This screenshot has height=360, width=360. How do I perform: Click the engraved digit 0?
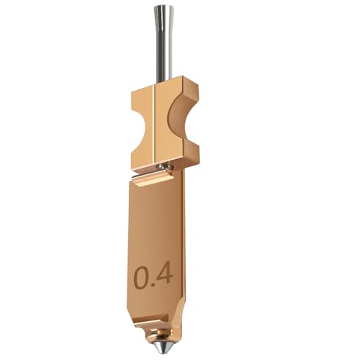[x=143, y=276]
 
